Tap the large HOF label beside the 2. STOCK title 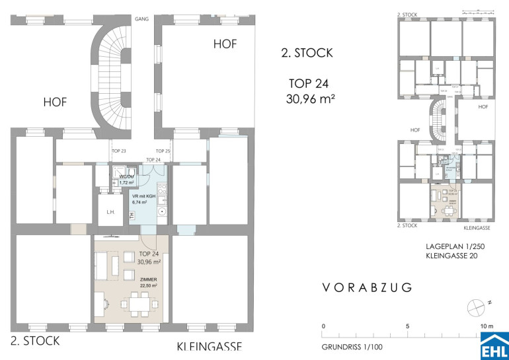tap(224, 45)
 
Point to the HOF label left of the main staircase tap(55, 102)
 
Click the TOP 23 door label tap(119, 151)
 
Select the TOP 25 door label tap(163, 151)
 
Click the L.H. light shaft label tap(110, 213)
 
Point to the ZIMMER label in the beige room tap(149, 279)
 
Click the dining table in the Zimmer tap(139, 303)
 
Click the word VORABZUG tap(368, 287)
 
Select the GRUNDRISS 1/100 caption tap(352, 346)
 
